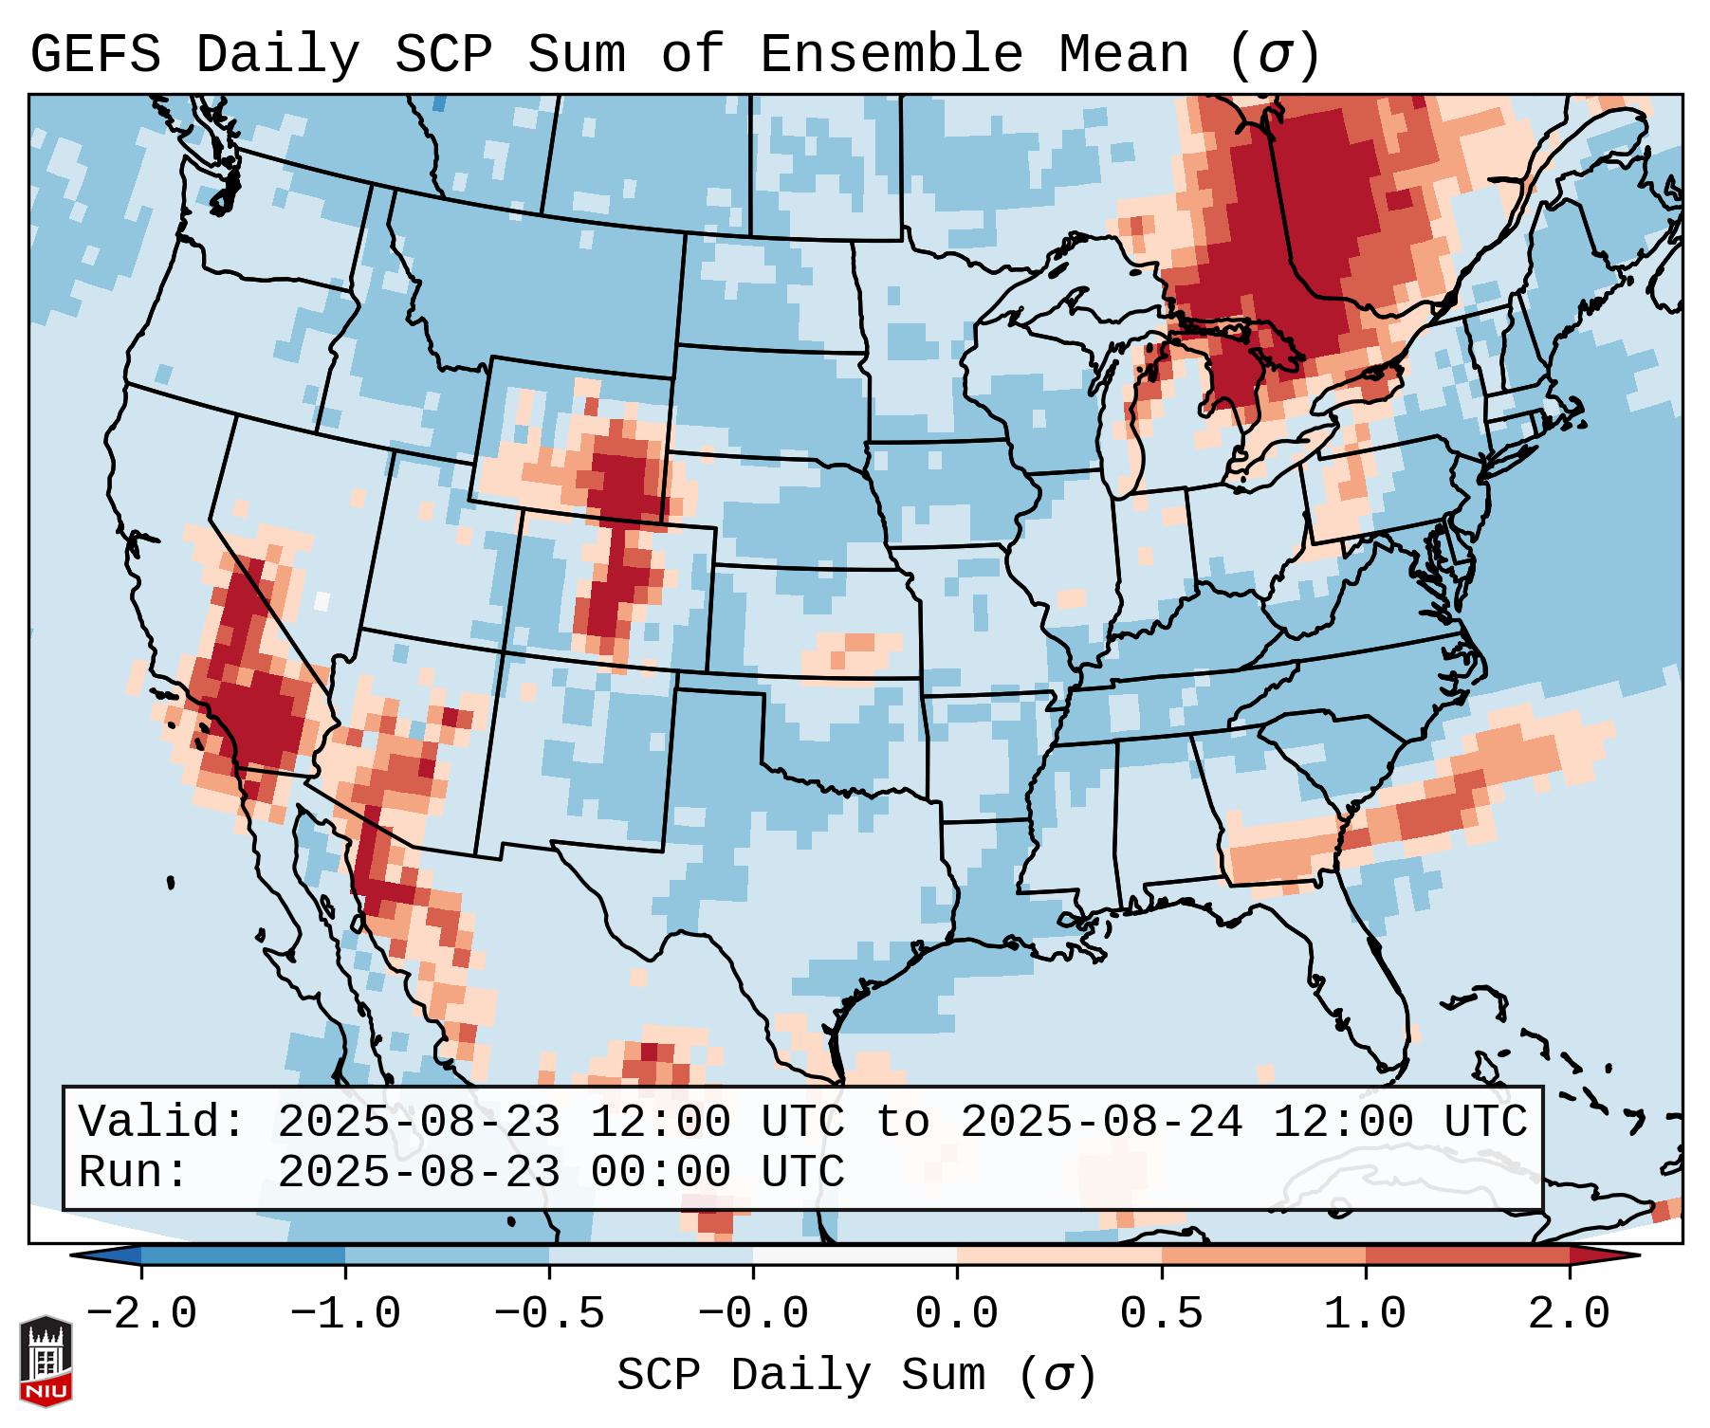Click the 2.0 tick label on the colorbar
(1569, 1314)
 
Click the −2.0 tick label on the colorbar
(141, 1314)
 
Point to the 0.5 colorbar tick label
(1161, 1314)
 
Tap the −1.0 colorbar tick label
(345, 1314)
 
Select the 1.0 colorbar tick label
(1365, 1314)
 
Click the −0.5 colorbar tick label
(549, 1314)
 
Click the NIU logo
(46, 1360)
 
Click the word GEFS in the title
(95, 55)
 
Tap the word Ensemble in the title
(891, 55)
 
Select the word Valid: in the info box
(162, 1123)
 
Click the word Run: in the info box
(134, 1173)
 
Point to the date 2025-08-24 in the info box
(1100, 1123)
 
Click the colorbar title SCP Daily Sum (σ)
(855, 1376)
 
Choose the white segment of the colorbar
(855, 1255)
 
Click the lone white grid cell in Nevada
(322, 600)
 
